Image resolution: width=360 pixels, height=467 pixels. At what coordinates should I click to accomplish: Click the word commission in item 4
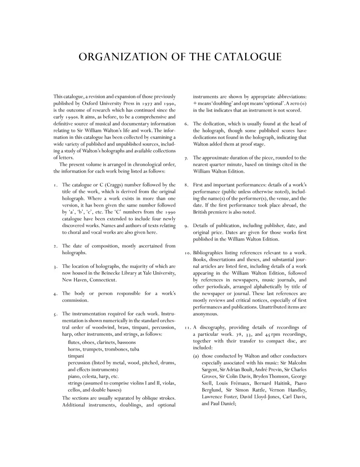pos(75,300)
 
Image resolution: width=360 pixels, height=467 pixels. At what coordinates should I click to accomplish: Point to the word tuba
pos(134,349)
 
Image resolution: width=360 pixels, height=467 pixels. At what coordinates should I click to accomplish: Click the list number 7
pos(186,158)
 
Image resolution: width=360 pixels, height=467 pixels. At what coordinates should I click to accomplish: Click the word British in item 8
pos(203,212)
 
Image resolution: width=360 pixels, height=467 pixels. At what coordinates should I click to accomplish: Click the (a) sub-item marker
pos(196,356)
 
